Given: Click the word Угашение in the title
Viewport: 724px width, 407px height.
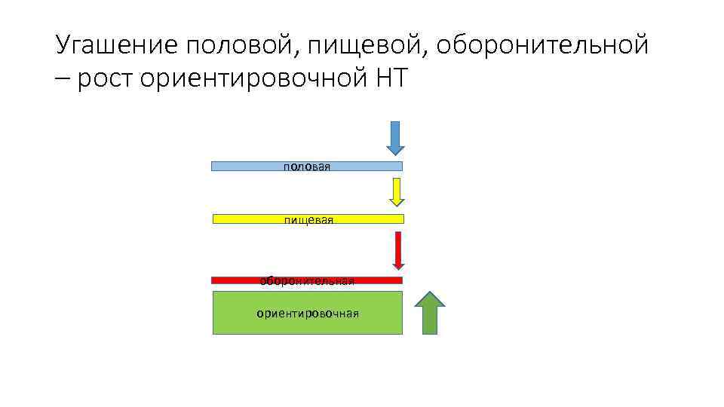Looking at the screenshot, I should click(x=116, y=45).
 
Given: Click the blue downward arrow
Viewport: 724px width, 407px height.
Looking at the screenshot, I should click(x=396, y=138).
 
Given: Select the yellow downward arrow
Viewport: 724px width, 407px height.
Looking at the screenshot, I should click(x=397, y=191).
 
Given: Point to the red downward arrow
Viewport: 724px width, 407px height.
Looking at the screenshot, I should click(x=398, y=249).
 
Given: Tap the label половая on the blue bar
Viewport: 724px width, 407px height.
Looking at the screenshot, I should click(x=307, y=167).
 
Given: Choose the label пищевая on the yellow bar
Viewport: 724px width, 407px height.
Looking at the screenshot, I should click(x=308, y=219).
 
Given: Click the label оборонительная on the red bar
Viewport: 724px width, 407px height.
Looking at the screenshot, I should click(x=307, y=280).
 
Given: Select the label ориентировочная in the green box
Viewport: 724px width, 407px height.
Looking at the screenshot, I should click(x=307, y=313).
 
